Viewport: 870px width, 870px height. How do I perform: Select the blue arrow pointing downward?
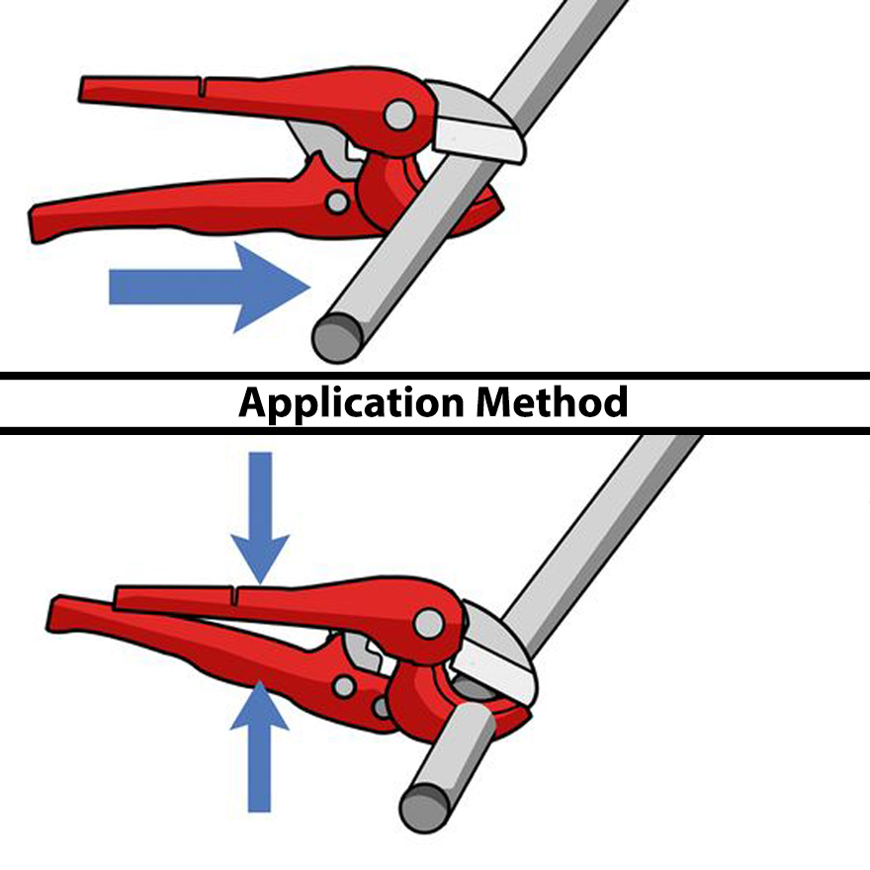(x=259, y=518)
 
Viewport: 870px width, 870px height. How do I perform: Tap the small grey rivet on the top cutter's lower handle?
(x=337, y=203)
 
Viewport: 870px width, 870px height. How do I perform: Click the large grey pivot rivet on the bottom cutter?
(x=429, y=622)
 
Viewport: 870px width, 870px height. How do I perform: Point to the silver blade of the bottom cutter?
(x=499, y=652)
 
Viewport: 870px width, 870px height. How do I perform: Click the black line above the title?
(x=435, y=376)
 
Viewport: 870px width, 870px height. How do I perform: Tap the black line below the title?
(x=435, y=430)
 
